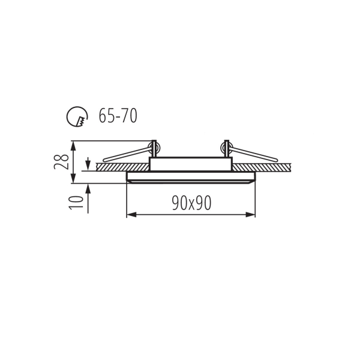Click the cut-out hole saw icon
(76, 116)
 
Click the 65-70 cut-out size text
(118, 116)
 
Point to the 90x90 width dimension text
(191, 203)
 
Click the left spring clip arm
(126, 154)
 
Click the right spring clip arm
(255, 154)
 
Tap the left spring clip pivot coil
(154, 146)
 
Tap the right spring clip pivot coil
(226, 146)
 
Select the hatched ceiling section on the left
(120, 167)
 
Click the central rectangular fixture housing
(190, 164)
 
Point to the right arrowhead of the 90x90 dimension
(252, 214)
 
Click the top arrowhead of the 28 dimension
(73, 145)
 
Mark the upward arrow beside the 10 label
(88, 188)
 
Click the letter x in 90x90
(191, 204)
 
